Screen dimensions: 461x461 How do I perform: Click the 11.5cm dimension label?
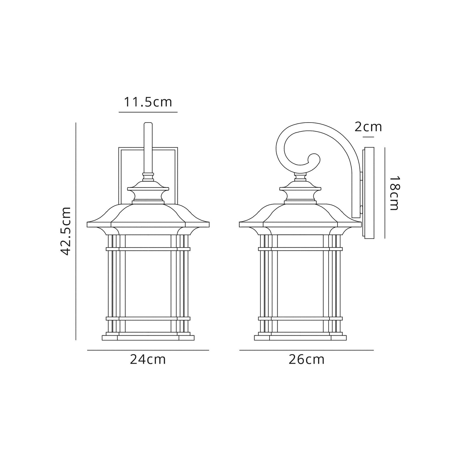[x=148, y=102]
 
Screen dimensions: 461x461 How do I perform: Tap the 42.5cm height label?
[x=66, y=231]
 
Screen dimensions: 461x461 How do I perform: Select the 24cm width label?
[x=148, y=360]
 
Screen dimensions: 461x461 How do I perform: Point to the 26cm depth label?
[x=306, y=360]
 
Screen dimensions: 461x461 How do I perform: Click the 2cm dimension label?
[x=368, y=127]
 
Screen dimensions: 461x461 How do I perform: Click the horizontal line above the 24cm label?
[x=148, y=350]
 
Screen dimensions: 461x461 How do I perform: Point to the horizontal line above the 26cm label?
[x=306, y=350]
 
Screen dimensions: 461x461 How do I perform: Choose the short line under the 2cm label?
[x=368, y=137]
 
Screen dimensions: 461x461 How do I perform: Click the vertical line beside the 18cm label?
[x=385, y=193]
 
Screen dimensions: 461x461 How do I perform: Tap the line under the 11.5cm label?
[x=148, y=112]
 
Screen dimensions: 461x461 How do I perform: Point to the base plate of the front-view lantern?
[x=148, y=338]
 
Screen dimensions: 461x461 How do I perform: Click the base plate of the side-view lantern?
[x=300, y=338]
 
